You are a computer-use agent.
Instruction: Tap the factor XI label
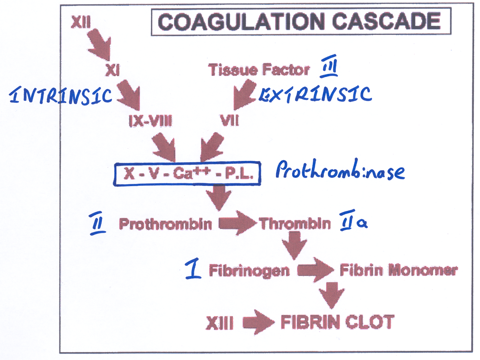pyautogui.click(x=112, y=70)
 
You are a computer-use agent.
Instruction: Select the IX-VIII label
pyautogui.click(x=151, y=121)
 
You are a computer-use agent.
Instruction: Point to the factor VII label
pyautogui.click(x=229, y=121)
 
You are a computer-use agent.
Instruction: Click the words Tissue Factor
pyautogui.click(x=259, y=70)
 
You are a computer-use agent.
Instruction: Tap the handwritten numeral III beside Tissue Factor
pyautogui.click(x=329, y=66)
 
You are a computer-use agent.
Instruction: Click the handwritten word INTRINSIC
pyautogui.click(x=61, y=95)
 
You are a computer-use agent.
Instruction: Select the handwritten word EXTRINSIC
pyautogui.click(x=316, y=94)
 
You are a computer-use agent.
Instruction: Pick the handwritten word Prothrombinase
pyautogui.click(x=340, y=170)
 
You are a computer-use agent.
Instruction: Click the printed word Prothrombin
pyautogui.click(x=165, y=224)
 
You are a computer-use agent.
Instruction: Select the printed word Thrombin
pyautogui.click(x=295, y=224)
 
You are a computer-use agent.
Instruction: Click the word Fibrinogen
pyautogui.click(x=249, y=270)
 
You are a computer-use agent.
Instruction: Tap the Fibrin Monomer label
pyautogui.click(x=398, y=270)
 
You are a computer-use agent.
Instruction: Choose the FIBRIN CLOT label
pyautogui.click(x=337, y=322)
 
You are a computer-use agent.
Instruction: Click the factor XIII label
pyautogui.click(x=220, y=323)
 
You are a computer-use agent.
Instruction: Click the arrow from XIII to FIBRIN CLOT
pyautogui.click(x=258, y=323)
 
